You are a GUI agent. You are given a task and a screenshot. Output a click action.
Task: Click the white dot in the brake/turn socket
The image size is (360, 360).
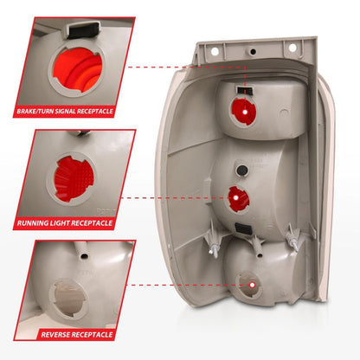(x=245, y=112)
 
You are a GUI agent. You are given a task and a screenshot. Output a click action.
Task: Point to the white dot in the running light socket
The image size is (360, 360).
(x=235, y=198)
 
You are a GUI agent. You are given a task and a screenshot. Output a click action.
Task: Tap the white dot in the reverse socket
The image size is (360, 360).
(x=253, y=285)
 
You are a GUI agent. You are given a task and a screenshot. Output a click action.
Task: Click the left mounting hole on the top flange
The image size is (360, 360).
(x=215, y=52)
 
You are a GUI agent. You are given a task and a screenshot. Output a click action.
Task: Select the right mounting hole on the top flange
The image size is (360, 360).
(x=292, y=48)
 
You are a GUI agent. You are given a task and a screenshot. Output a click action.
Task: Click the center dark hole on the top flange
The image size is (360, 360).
(x=253, y=52)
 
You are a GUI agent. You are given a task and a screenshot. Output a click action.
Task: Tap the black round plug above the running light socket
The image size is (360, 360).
(x=241, y=170)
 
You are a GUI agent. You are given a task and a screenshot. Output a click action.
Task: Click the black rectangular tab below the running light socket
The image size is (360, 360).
(x=243, y=228)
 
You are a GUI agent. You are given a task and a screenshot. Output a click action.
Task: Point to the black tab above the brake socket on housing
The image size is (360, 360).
(x=244, y=89)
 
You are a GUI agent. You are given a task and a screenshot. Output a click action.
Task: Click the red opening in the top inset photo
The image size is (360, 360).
(x=77, y=71)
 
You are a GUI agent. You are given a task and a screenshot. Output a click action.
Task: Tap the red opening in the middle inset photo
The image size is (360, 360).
(x=72, y=179)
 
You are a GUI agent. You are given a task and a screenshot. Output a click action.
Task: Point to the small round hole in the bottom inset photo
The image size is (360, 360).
(x=84, y=255)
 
